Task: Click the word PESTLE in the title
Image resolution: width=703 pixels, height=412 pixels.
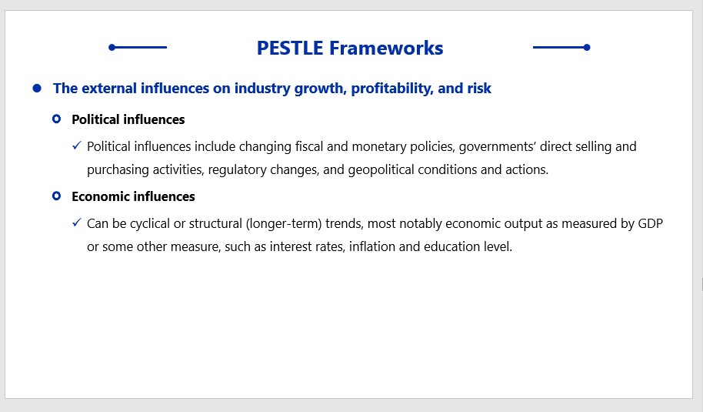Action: click(290, 48)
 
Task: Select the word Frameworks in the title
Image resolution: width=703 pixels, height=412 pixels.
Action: click(386, 48)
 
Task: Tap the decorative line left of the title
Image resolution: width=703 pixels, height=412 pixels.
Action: click(138, 47)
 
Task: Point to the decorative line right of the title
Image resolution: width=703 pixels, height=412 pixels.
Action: click(561, 47)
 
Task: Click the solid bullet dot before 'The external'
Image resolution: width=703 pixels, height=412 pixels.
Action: click(37, 88)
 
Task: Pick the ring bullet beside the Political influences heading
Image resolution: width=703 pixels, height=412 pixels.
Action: click(56, 119)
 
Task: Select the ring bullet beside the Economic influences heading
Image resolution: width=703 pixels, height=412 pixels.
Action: click(56, 196)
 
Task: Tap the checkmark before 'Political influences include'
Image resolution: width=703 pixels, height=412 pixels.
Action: click(77, 146)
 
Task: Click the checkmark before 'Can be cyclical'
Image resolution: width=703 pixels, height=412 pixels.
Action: click(77, 223)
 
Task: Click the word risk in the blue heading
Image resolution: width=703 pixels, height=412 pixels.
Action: click(479, 89)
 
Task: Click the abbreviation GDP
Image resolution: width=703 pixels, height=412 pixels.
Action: click(650, 224)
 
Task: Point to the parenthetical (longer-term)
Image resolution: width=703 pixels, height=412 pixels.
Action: click(284, 224)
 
